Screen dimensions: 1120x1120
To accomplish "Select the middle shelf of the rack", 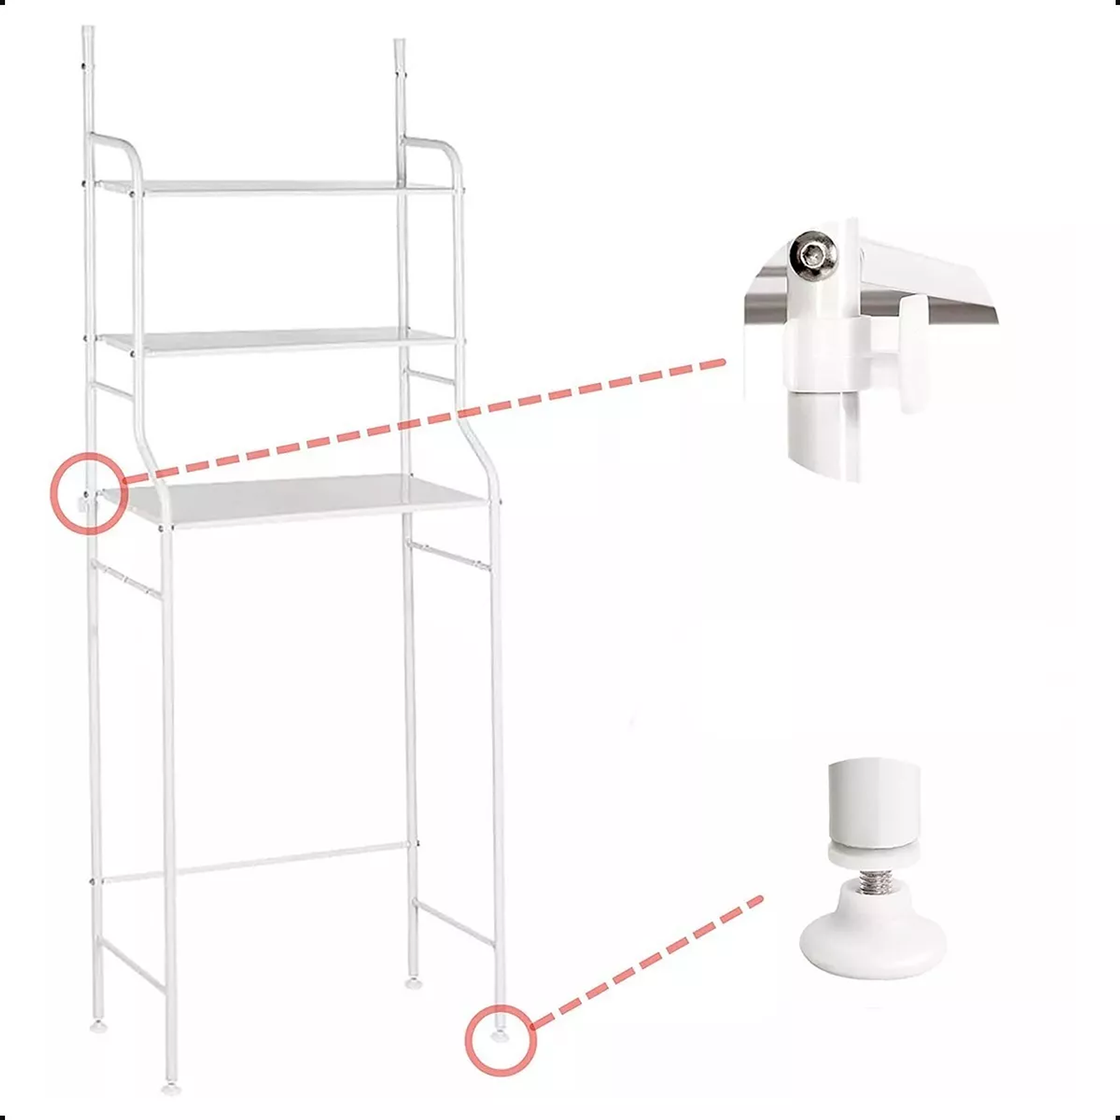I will point(278,341).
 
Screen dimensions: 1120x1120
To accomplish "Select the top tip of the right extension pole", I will point(400,44).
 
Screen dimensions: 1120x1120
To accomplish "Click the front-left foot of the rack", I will point(168,1089).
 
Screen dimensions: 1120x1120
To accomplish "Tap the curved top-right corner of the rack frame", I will point(447,151).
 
